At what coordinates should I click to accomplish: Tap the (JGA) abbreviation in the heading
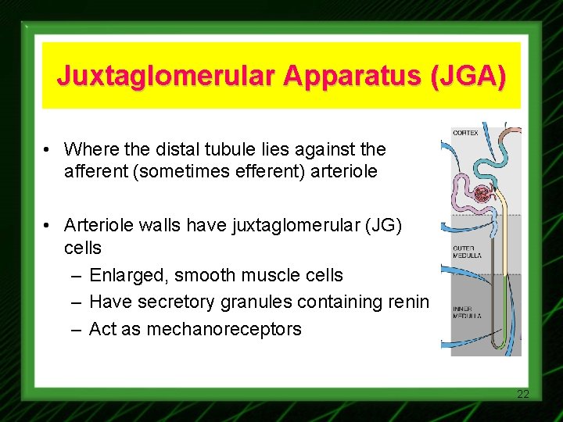point(466,77)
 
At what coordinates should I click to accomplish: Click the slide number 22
point(523,394)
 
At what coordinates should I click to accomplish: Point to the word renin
point(409,302)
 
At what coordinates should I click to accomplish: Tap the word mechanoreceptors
point(195,329)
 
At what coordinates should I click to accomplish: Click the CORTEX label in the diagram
point(466,133)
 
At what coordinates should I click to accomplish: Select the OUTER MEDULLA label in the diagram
point(467,252)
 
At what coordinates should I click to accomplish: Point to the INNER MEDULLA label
point(467,312)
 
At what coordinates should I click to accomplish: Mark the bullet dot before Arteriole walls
point(48,226)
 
